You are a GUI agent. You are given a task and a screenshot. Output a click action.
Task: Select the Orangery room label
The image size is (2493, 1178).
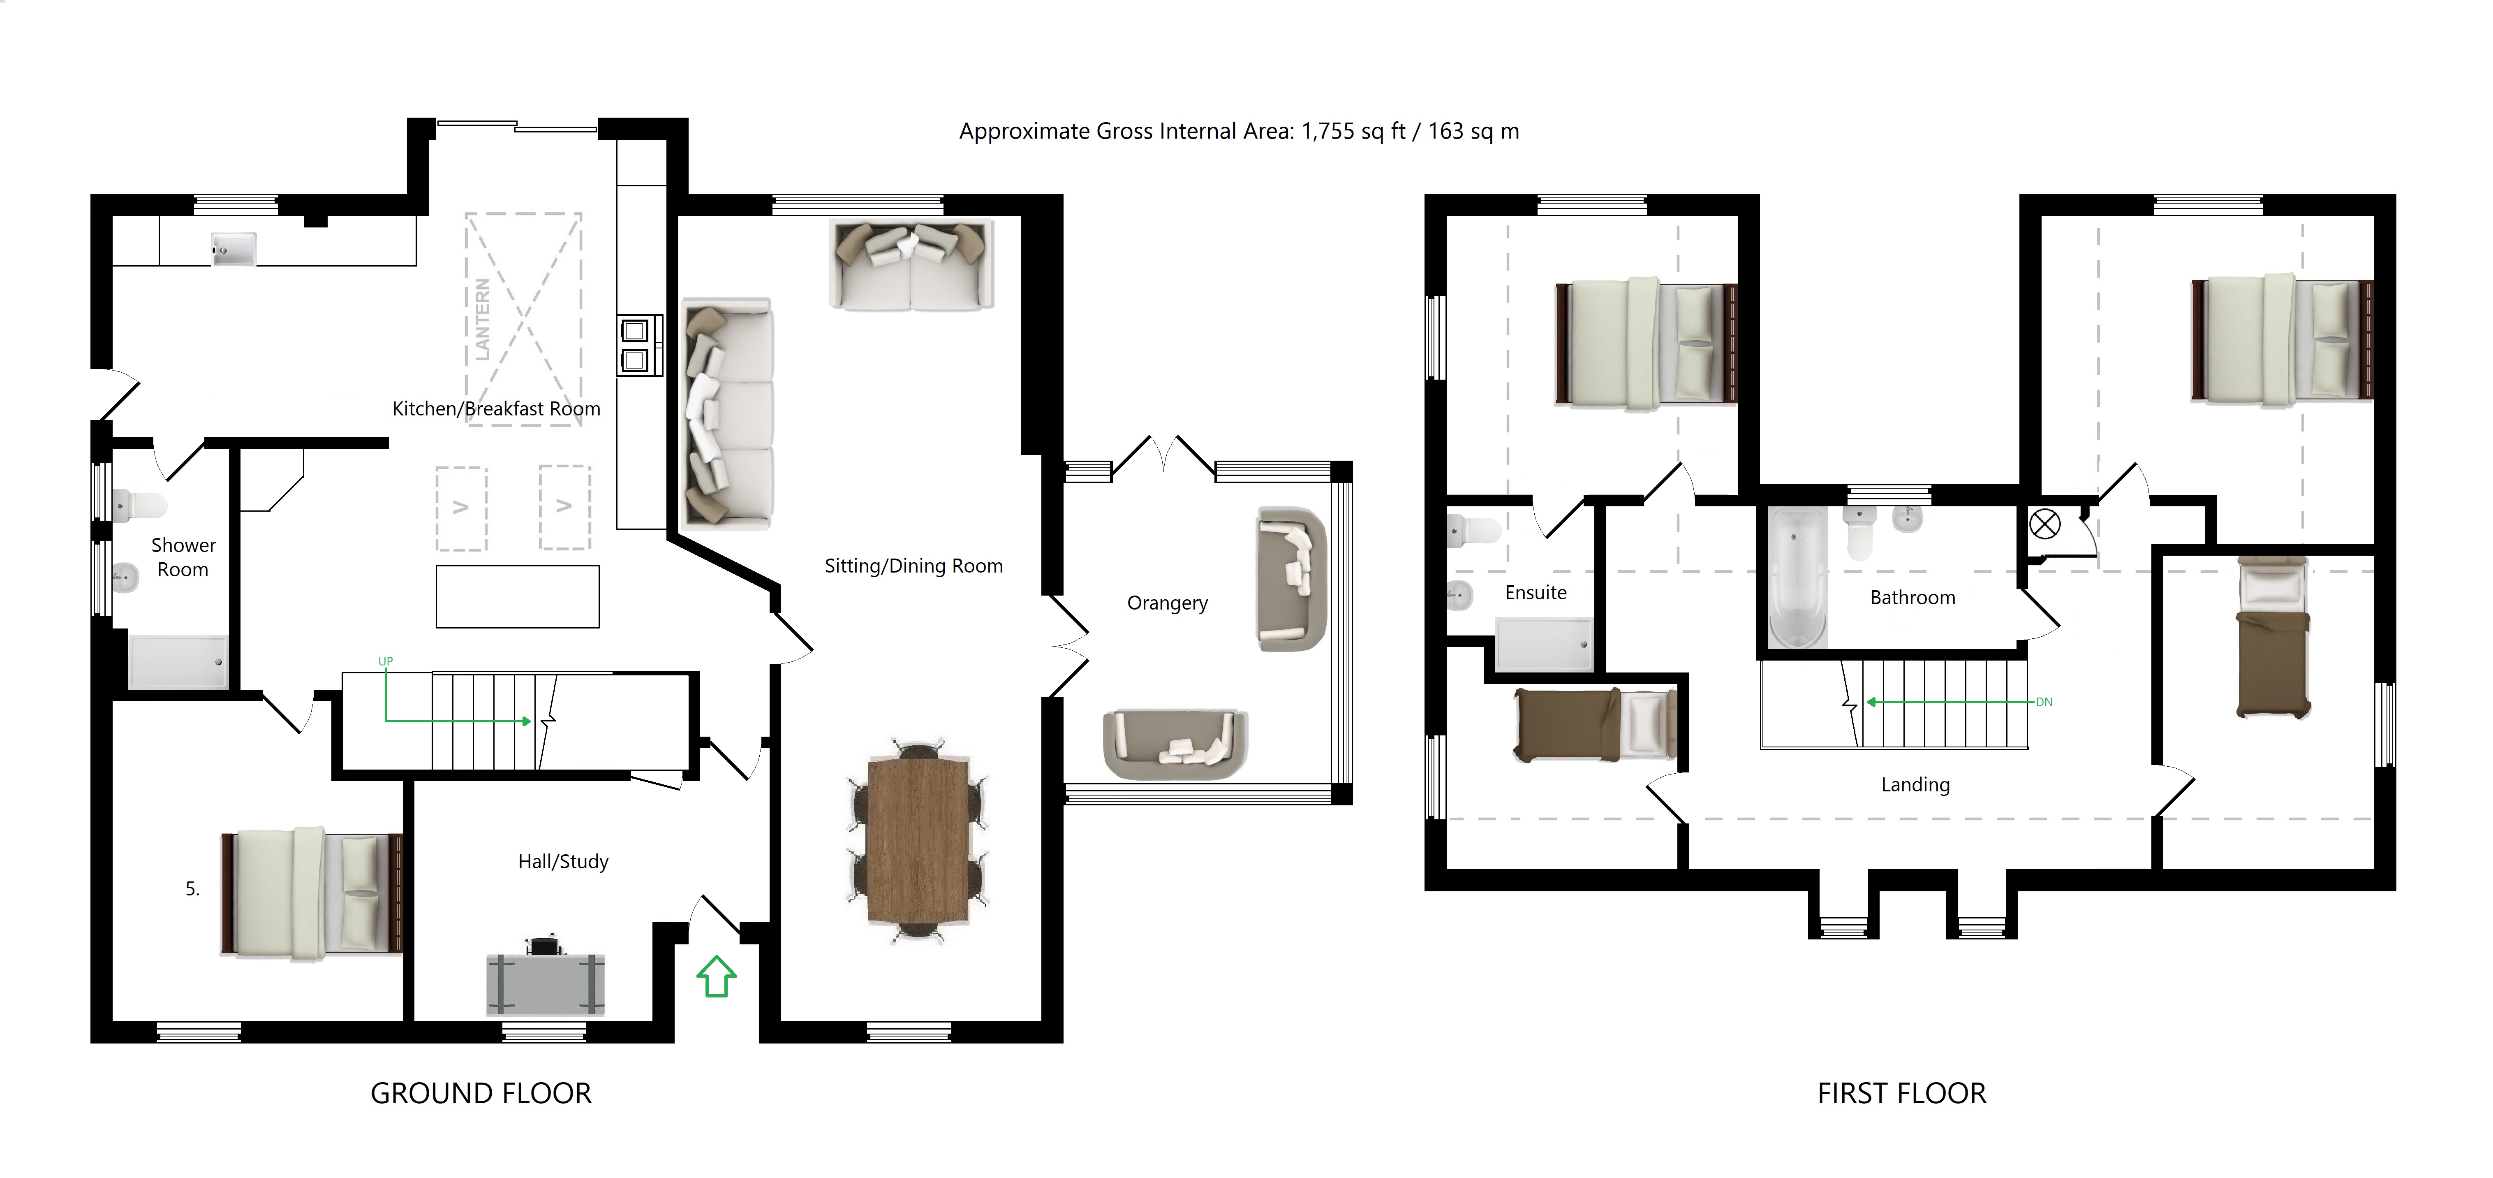[x=1167, y=603]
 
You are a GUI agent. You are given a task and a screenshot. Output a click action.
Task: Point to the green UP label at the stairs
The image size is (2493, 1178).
[x=385, y=661]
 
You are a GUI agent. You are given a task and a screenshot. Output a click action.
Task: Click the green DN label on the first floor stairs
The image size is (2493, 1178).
[x=2044, y=702]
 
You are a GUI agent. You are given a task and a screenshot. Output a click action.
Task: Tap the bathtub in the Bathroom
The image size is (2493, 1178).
[x=1797, y=578]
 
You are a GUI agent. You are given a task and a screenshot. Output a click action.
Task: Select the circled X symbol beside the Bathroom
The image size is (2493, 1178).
[x=2044, y=525]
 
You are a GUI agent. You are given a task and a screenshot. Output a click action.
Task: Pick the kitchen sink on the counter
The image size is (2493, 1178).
[x=233, y=249]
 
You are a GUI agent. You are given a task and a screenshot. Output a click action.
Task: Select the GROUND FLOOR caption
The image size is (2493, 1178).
[x=481, y=1093]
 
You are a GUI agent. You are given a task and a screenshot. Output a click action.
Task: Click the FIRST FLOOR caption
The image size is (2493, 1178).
[x=1902, y=1093]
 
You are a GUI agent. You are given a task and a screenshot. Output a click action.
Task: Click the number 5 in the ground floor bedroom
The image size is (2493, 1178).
[x=192, y=888]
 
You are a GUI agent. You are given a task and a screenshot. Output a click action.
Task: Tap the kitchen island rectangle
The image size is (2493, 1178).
[x=518, y=597]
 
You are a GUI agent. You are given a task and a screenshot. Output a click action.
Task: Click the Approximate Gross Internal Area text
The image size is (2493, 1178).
[x=1239, y=132]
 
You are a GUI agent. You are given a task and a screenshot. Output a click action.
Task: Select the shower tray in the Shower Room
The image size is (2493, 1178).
[x=178, y=662]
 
